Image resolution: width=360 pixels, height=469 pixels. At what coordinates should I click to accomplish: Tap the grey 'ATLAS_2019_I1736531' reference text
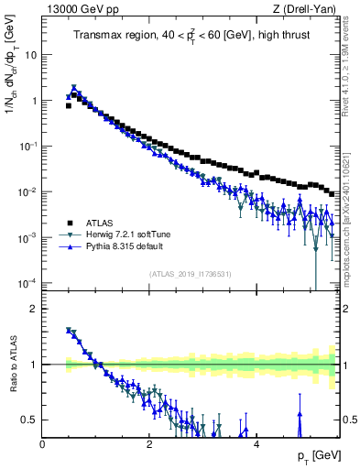coord(190,273)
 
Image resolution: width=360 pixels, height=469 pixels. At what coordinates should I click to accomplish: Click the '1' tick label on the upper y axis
coord(34,101)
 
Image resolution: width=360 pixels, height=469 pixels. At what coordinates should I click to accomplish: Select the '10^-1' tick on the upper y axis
coord(29,146)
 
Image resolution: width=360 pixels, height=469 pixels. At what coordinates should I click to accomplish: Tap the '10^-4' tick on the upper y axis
coord(29,281)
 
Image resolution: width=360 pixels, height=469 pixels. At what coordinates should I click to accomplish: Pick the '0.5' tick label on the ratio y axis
coord(30,420)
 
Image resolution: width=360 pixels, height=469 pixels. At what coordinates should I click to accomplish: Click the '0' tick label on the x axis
coord(42,444)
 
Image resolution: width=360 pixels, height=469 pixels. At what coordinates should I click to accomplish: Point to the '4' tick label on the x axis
coord(256,444)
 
